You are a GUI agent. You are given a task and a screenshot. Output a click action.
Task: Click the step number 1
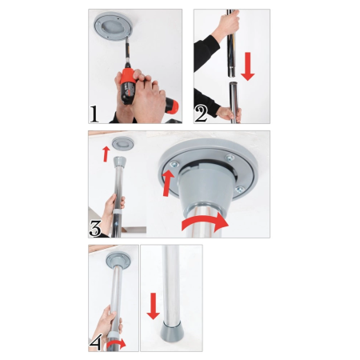(95, 112)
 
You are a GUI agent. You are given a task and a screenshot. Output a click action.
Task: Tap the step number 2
(201, 112)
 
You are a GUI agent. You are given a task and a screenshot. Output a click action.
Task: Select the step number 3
(95, 228)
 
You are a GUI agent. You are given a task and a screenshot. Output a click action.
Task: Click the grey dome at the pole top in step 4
(118, 261)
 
